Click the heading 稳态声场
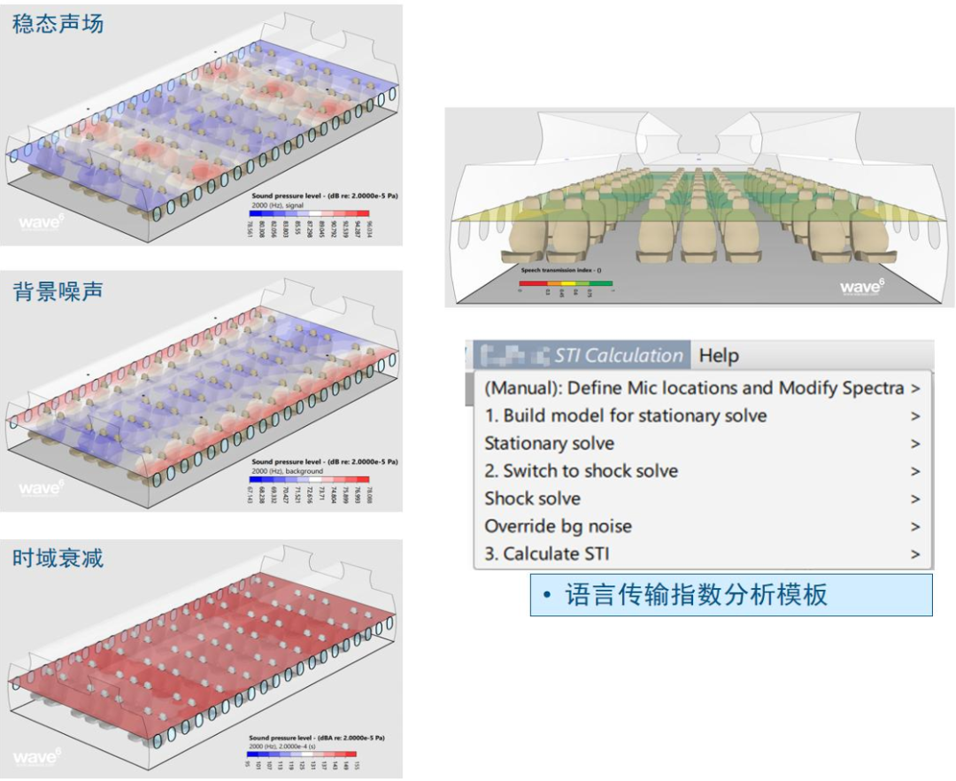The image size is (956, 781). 58,23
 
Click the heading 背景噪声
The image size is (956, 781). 58,290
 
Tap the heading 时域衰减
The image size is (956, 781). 58,558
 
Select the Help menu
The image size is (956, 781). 719,356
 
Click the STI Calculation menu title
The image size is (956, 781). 619,356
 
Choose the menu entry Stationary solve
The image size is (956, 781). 549,444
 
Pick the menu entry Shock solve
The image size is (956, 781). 532,499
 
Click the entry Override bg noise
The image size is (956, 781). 558,526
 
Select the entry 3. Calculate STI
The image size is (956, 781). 546,554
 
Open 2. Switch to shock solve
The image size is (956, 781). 581,471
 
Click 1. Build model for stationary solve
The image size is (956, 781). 625,416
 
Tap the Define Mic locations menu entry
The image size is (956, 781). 694,388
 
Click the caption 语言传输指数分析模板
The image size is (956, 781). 697,595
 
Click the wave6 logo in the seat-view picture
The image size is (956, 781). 861,286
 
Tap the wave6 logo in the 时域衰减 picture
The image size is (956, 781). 38,757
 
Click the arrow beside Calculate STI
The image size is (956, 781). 916,554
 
